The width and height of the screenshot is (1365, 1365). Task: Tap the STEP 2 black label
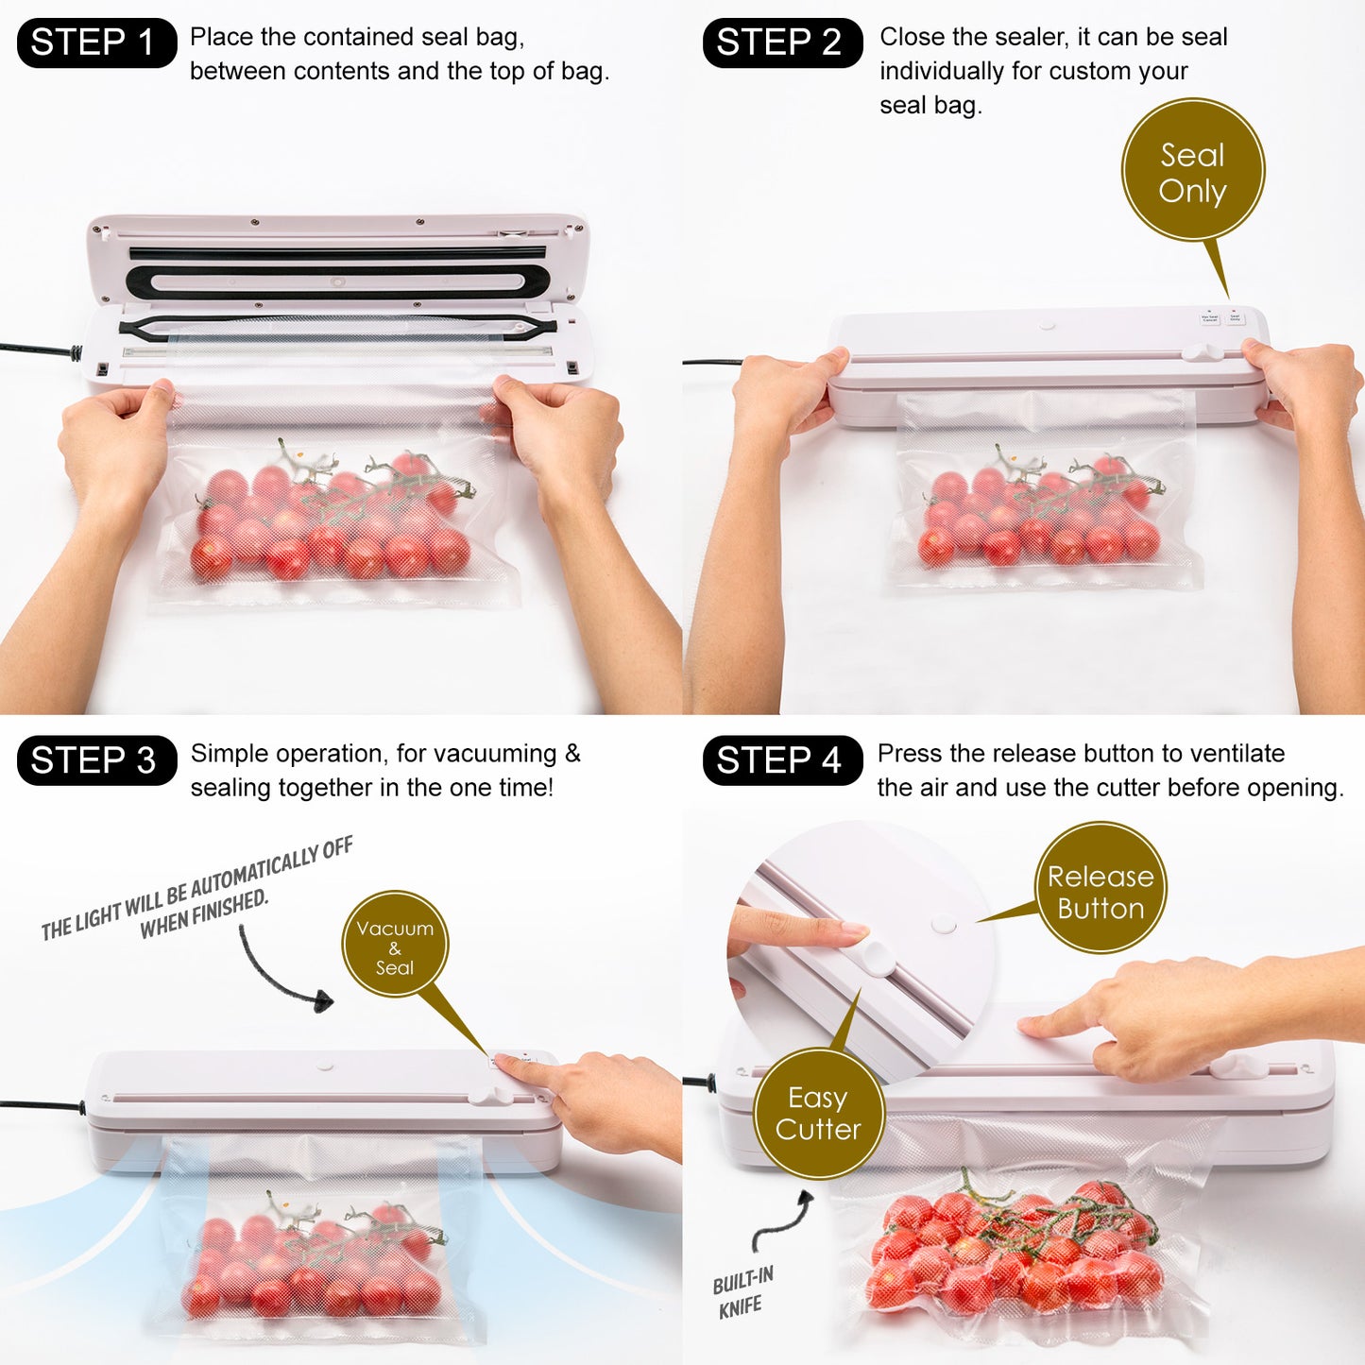click(x=782, y=43)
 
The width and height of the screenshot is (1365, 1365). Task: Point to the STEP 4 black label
click(x=782, y=760)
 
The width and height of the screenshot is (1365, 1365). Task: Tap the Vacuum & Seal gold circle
click(x=395, y=945)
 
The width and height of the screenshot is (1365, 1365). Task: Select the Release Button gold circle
click(x=1101, y=889)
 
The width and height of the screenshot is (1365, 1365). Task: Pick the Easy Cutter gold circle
click(x=818, y=1114)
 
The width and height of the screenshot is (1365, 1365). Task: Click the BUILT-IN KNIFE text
click(x=742, y=1292)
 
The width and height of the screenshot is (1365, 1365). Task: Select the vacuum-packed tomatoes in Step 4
click(x=1015, y=1247)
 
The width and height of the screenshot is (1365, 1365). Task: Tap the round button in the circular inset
click(x=943, y=924)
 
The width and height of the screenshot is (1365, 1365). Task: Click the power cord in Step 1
click(x=38, y=350)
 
